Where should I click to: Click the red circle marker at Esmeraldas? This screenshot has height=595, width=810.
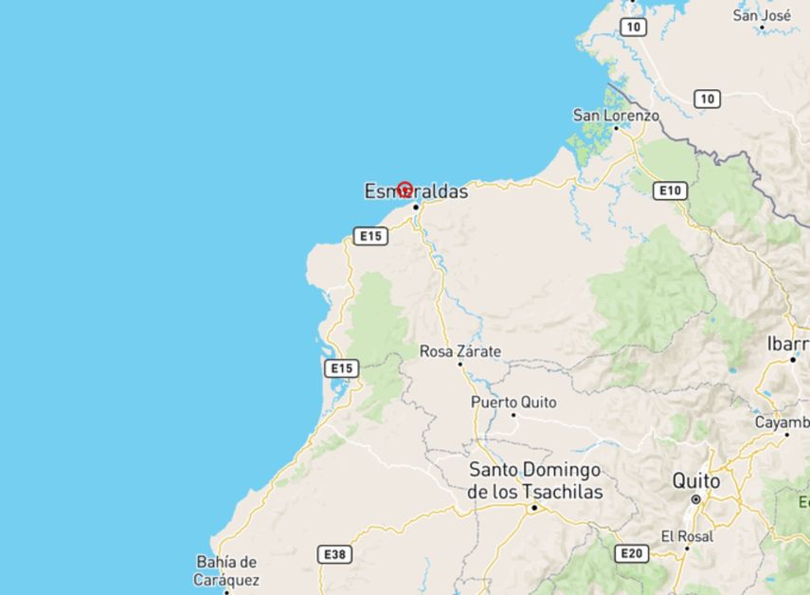coord(405,189)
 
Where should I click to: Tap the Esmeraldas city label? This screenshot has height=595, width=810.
coord(417,192)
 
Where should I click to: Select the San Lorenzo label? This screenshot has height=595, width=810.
coord(615,115)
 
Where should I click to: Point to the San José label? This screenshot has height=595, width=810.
coord(763,15)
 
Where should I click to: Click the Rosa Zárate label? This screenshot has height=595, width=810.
coord(460,352)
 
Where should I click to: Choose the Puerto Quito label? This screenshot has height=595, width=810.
coord(513,402)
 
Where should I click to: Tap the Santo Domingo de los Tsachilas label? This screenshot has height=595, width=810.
coord(535,480)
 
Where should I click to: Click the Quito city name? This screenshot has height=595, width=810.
coord(695,480)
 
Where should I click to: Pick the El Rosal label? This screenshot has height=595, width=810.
coord(688,535)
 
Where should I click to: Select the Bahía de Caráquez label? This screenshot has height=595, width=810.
coord(225,569)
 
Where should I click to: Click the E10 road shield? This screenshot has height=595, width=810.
coord(671,191)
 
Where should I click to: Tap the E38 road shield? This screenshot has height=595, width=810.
coord(335,554)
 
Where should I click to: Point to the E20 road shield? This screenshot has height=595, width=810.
coord(631,553)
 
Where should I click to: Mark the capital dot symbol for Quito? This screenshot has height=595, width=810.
coord(695,498)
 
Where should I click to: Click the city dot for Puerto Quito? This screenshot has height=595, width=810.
coord(513,414)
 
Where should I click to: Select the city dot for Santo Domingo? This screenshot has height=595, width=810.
coord(533,508)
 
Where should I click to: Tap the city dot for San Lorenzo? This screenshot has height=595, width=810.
coord(616,129)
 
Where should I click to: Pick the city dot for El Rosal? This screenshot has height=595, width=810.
coord(688,548)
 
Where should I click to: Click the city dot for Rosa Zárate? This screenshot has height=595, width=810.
coord(459,364)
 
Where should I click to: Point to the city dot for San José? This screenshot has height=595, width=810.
coord(762,27)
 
